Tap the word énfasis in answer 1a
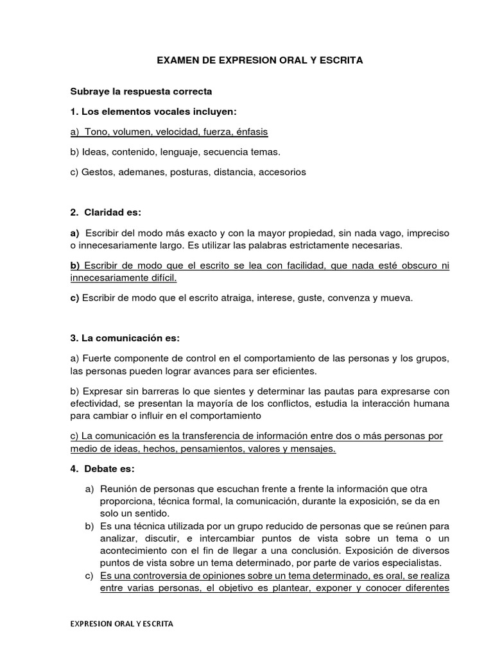(x=252, y=132)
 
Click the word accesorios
(x=282, y=172)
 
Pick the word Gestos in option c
(x=96, y=172)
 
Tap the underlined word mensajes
(x=313, y=448)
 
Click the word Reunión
(x=119, y=489)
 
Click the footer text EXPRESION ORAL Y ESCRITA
(x=121, y=623)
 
